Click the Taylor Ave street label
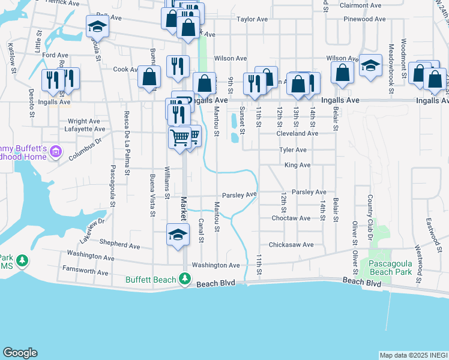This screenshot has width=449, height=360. point(252,19)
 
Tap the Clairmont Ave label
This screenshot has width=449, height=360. point(361,5)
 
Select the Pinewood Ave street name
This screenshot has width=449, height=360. point(365,19)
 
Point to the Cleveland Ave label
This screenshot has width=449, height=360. point(297,134)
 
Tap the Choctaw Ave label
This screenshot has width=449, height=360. point(291,218)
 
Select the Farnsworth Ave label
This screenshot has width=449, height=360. point(85,272)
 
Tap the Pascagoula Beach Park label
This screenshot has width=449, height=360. point(390,268)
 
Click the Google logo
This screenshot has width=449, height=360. point(20,353)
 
